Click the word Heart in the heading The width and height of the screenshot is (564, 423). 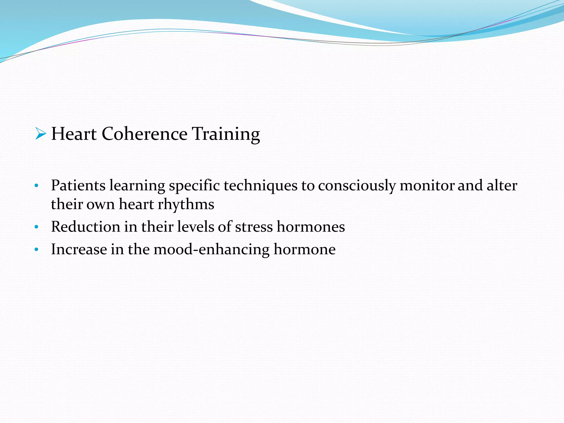click(x=74, y=134)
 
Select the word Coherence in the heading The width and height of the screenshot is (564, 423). click(x=144, y=134)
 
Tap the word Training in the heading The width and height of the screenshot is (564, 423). click(x=226, y=134)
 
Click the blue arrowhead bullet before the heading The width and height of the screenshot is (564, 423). click(x=40, y=134)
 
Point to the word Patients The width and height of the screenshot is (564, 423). click(x=78, y=185)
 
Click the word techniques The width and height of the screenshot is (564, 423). click(x=261, y=185)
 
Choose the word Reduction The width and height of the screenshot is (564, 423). click(x=86, y=227)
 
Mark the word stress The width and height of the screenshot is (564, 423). click(x=254, y=227)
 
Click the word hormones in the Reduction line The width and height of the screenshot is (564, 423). click(x=311, y=227)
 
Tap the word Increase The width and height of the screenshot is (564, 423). click(x=79, y=250)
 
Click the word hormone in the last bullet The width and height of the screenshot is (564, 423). click(x=305, y=250)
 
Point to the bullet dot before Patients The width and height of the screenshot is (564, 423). click(x=36, y=186)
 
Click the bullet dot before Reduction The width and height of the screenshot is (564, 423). click(x=36, y=228)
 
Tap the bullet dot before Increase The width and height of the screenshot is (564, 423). click(x=36, y=250)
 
